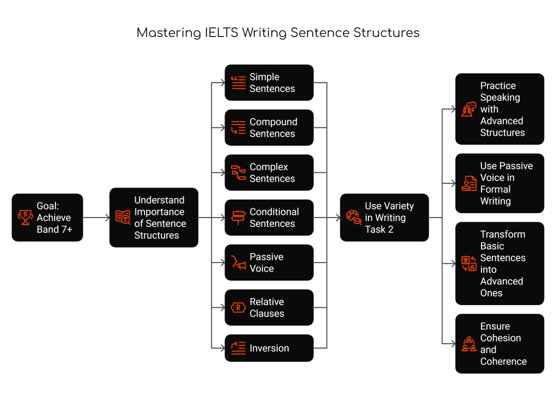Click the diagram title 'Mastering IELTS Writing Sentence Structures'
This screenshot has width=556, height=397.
278,33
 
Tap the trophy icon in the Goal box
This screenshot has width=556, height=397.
25,218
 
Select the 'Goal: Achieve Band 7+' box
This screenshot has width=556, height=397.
47,218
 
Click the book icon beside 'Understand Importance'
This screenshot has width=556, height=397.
123,218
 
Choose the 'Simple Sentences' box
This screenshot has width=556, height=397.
269,83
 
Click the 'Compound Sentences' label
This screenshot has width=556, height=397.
273,128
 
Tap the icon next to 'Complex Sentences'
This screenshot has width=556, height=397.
238,173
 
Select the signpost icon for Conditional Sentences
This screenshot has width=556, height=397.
238,218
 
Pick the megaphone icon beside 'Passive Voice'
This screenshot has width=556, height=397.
238,263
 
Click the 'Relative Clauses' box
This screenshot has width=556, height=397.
269,308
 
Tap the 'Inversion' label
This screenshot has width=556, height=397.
269,349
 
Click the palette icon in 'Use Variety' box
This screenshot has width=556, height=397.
353,218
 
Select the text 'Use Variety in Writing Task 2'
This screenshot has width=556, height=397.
389,218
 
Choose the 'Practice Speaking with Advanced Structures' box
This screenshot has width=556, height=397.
499,109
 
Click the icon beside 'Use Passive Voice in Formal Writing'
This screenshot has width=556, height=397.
468,183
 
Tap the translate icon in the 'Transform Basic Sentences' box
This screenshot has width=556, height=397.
468,264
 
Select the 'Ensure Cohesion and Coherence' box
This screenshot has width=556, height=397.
499,344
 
